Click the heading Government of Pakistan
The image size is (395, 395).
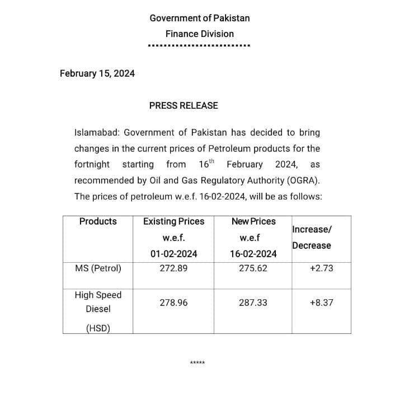(x=200, y=18)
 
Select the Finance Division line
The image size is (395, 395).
(x=200, y=34)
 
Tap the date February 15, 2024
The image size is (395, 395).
(x=97, y=73)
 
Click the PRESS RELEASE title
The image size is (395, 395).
(x=184, y=105)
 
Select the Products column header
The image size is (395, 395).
(x=98, y=221)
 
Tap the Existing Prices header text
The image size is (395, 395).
(x=174, y=221)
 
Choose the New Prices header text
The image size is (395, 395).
(x=253, y=221)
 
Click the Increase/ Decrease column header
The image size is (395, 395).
(x=312, y=237)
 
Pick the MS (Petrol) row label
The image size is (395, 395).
(x=98, y=268)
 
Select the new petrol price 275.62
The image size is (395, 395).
(x=253, y=268)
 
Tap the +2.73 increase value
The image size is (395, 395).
(x=321, y=268)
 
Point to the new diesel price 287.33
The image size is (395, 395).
(x=253, y=303)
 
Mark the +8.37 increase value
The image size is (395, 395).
(x=321, y=303)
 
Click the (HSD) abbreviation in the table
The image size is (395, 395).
(x=98, y=329)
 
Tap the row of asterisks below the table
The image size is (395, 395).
(x=198, y=363)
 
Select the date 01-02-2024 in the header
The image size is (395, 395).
(x=174, y=254)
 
